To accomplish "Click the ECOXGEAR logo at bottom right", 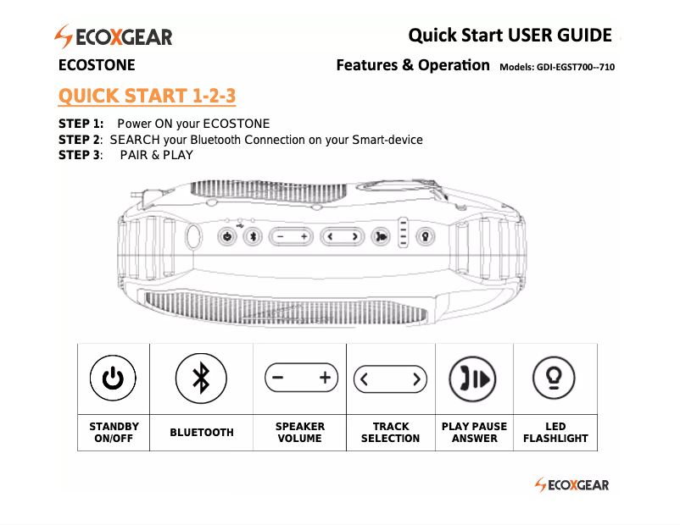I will (x=571, y=484).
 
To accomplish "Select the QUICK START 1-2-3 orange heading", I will (x=147, y=96).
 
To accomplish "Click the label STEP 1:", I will (x=81, y=124).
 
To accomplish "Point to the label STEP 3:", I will (x=81, y=154).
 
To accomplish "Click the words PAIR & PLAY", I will (x=157, y=154).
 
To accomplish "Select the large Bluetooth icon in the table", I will (x=201, y=379).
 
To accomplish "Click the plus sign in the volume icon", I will (x=324, y=379).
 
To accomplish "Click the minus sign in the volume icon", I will (x=278, y=379).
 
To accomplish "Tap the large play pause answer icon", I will (x=474, y=379).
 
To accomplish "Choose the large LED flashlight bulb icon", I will (x=555, y=379).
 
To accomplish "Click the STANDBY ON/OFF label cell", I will (x=114, y=432).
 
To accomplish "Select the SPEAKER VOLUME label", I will (x=299, y=432).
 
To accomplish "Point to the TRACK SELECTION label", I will (x=390, y=432).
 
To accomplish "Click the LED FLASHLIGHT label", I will (x=555, y=432).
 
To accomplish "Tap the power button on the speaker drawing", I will (x=226, y=237).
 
